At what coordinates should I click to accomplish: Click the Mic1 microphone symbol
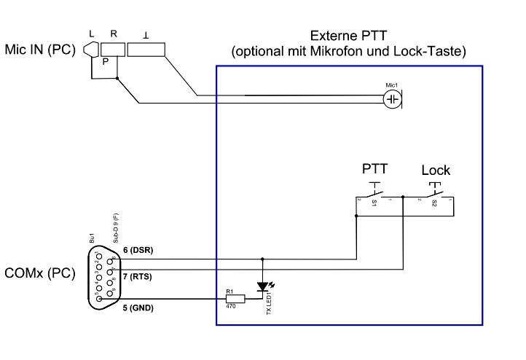[393, 99]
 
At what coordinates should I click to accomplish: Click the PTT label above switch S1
[375, 169]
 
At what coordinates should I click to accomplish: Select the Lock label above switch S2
[436, 171]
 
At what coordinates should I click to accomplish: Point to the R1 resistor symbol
[235, 299]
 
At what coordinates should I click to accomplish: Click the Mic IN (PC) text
[39, 52]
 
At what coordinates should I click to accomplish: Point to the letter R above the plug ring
[114, 34]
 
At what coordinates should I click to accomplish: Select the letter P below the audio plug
[106, 62]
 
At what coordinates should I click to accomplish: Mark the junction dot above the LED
[262, 258]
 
